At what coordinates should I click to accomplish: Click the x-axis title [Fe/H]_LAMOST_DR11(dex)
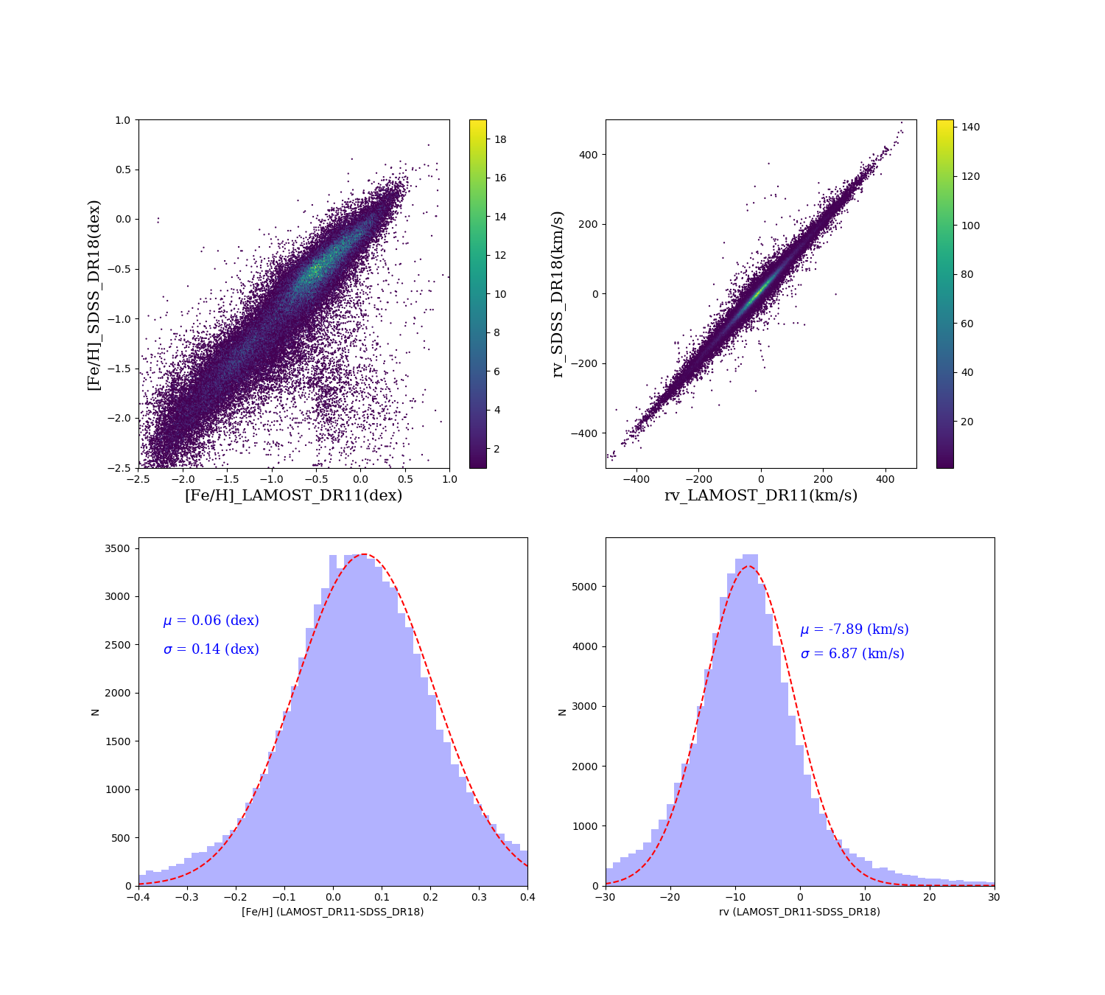click(x=293, y=495)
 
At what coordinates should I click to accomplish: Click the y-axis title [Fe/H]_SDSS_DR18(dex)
click(x=94, y=295)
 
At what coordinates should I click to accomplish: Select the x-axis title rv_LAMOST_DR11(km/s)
click(x=761, y=495)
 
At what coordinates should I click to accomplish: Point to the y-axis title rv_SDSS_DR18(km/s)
click(x=558, y=295)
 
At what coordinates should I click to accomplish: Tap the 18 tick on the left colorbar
click(x=500, y=139)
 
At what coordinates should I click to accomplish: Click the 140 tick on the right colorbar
click(x=970, y=127)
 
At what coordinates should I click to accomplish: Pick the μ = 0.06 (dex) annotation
click(x=211, y=621)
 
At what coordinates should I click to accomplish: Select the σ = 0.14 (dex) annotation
click(x=211, y=649)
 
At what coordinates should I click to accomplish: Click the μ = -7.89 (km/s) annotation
click(x=855, y=629)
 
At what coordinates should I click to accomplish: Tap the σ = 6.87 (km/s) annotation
click(x=852, y=654)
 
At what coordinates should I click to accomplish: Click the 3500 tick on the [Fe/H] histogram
click(x=119, y=548)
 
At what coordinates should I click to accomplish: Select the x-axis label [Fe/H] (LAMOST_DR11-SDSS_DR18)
click(x=333, y=912)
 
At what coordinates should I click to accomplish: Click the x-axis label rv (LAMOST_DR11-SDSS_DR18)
click(x=799, y=912)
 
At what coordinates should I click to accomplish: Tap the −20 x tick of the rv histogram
click(x=668, y=897)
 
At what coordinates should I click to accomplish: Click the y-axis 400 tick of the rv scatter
click(x=586, y=155)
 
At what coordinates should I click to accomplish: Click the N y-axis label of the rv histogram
click(x=563, y=712)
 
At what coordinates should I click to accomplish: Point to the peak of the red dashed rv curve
click(x=748, y=566)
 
